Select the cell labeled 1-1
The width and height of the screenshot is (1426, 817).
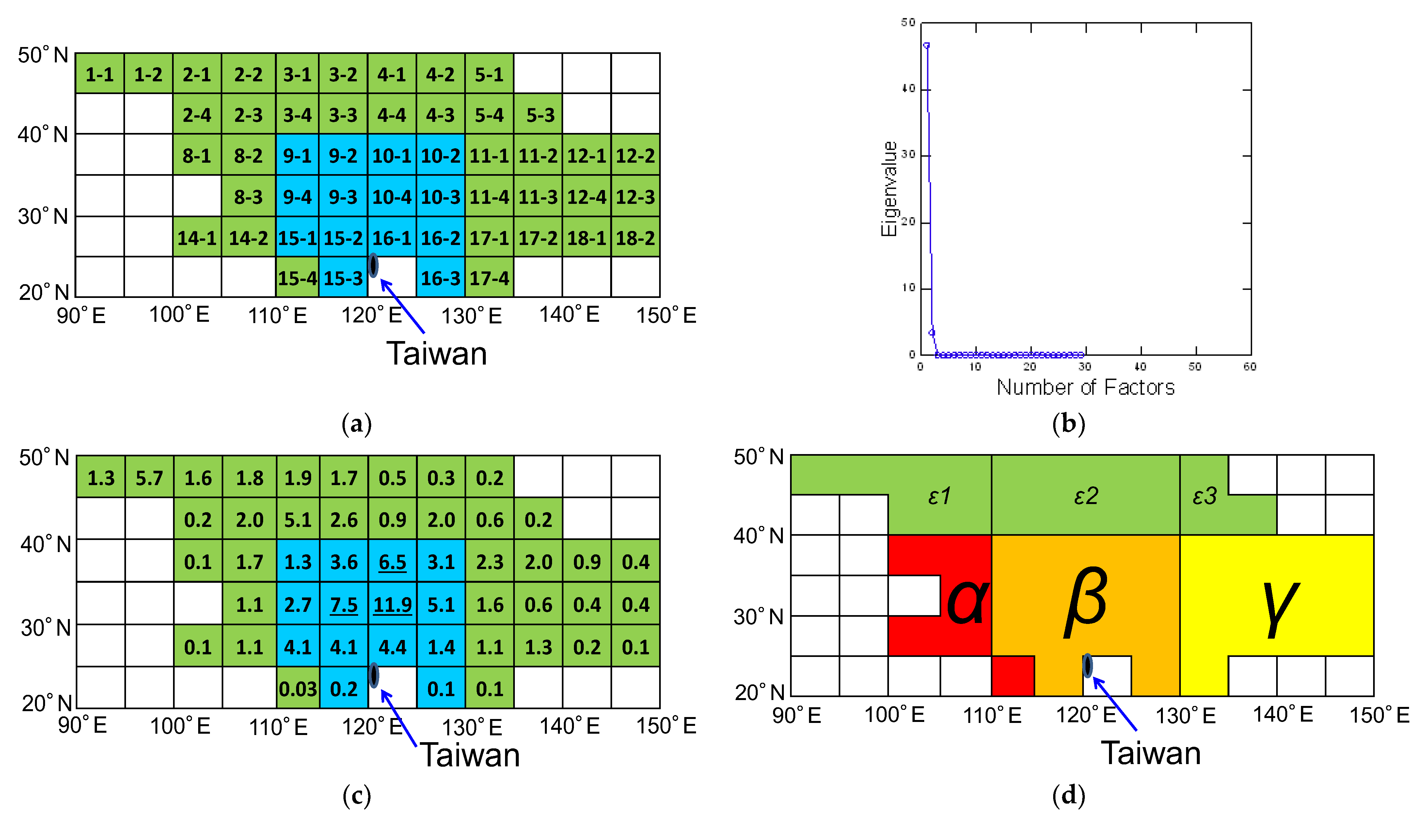(x=100, y=74)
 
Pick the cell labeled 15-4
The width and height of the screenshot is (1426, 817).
(x=297, y=278)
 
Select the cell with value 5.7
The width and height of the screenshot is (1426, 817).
(x=149, y=478)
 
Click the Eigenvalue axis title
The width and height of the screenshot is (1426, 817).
(x=889, y=189)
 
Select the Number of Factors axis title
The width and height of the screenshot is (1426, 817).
(x=1085, y=387)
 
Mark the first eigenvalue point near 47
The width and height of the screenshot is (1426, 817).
(x=927, y=45)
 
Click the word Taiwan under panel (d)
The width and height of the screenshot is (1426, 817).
(x=1151, y=753)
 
